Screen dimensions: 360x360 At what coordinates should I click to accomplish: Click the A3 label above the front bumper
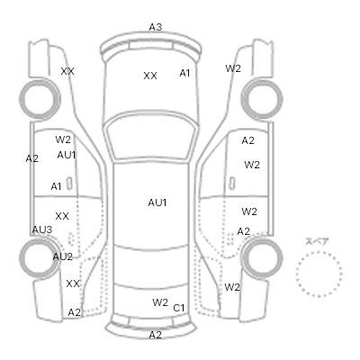[x=156, y=27]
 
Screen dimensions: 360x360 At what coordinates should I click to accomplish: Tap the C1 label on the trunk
[x=179, y=308]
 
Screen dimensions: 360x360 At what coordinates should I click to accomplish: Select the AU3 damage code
[x=42, y=229]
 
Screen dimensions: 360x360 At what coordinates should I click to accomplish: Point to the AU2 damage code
[x=63, y=256]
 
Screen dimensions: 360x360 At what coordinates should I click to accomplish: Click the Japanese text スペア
[x=317, y=241]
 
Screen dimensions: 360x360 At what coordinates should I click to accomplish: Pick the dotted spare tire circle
[x=297, y=274]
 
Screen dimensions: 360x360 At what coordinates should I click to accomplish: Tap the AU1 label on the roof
[x=157, y=202]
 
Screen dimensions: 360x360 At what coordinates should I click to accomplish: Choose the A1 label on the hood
[x=184, y=73]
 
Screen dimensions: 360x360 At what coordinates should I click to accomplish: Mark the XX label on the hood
[x=150, y=76]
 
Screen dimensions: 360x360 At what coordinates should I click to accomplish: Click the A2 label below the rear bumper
[x=156, y=335]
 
